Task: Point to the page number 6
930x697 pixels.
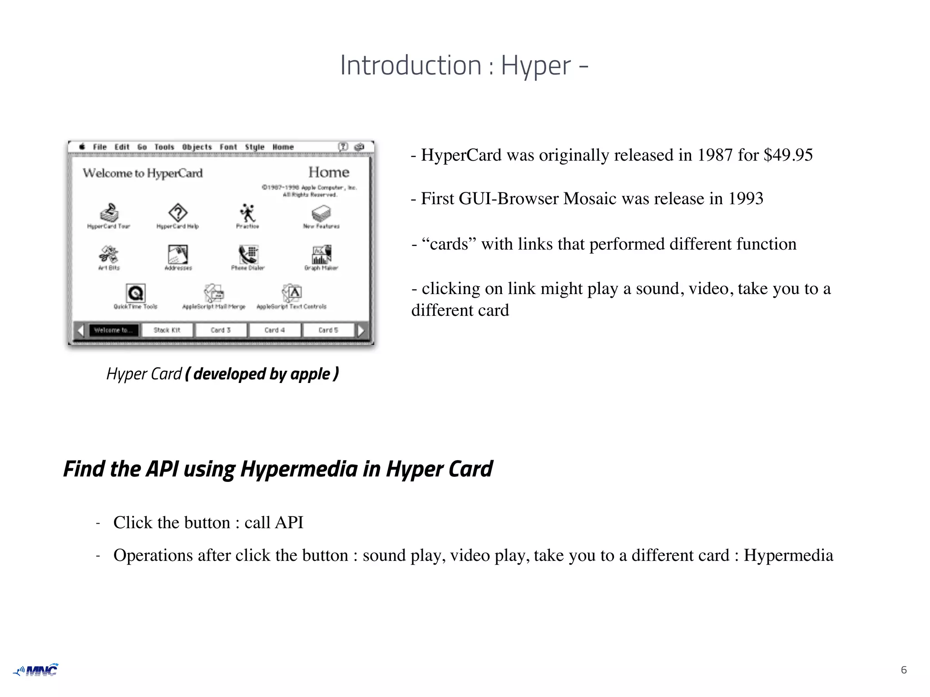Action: (x=904, y=670)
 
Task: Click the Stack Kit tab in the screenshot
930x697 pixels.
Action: (x=167, y=330)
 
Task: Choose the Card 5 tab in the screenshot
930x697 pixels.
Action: (x=328, y=330)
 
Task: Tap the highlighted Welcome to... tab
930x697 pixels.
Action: (x=113, y=330)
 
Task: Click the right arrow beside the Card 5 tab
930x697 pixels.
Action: (x=361, y=330)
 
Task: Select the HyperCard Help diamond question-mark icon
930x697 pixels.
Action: (x=178, y=212)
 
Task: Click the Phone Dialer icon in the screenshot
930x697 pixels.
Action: (x=248, y=254)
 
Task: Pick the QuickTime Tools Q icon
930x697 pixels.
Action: (x=135, y=293)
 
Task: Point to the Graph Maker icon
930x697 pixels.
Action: (x=322, y=254)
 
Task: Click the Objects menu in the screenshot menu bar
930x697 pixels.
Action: (x=197, y=147)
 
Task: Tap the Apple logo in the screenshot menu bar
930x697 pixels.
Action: (x=82, y=147)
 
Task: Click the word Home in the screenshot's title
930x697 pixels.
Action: (x=329, y=172)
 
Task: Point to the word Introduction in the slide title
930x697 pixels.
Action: (x=411, y=65)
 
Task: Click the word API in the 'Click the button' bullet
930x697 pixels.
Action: (x=289, y=523)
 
